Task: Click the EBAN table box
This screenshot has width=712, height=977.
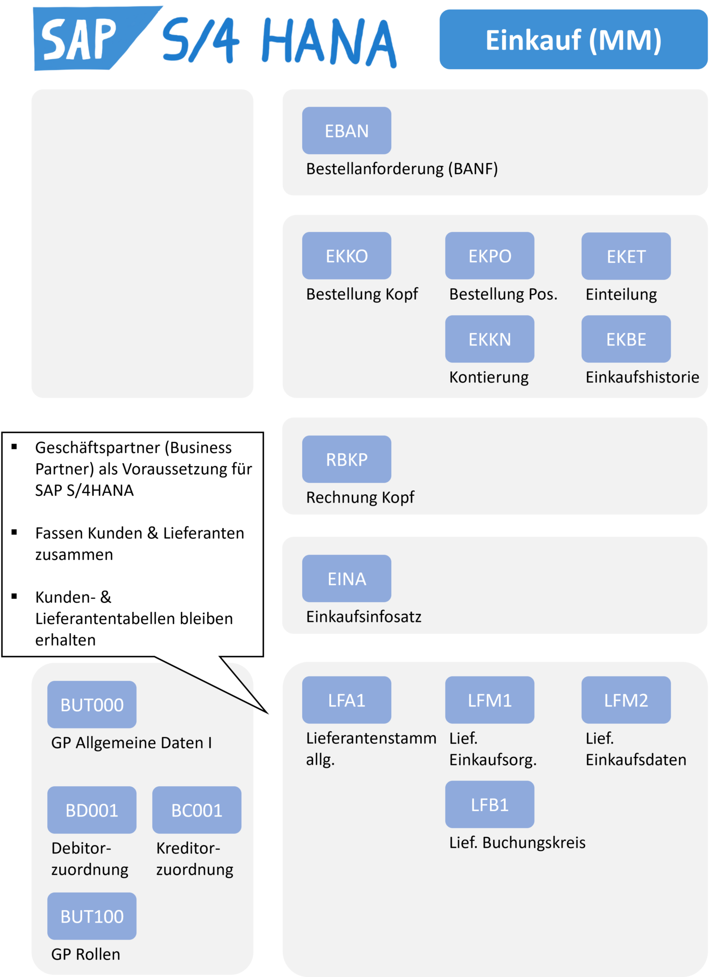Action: point(346,131)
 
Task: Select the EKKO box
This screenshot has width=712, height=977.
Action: point(346,256)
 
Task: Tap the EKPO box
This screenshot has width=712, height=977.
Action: point(490,256)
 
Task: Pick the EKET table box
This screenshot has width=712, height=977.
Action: point(626,256)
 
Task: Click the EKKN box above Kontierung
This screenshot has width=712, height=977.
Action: point(490,339)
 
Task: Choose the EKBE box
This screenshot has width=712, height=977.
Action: point(626,339)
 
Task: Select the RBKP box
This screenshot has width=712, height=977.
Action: point(346,459)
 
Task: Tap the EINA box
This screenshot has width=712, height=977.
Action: point(346,579)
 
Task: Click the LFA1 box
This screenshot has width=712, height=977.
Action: point(346,700)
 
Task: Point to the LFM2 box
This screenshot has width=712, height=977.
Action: point(626,700)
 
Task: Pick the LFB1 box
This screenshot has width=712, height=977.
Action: point(490,805)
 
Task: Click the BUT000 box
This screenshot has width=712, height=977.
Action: point(92,705)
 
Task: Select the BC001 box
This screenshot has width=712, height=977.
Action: point(197,810)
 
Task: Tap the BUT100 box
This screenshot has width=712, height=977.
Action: point(92,916)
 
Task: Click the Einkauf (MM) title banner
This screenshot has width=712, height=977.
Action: point(573,40)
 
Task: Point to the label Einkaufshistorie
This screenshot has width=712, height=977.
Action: point(642,377)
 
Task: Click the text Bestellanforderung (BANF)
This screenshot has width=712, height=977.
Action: point(402,169)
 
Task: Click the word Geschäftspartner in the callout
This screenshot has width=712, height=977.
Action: point(97,448)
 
